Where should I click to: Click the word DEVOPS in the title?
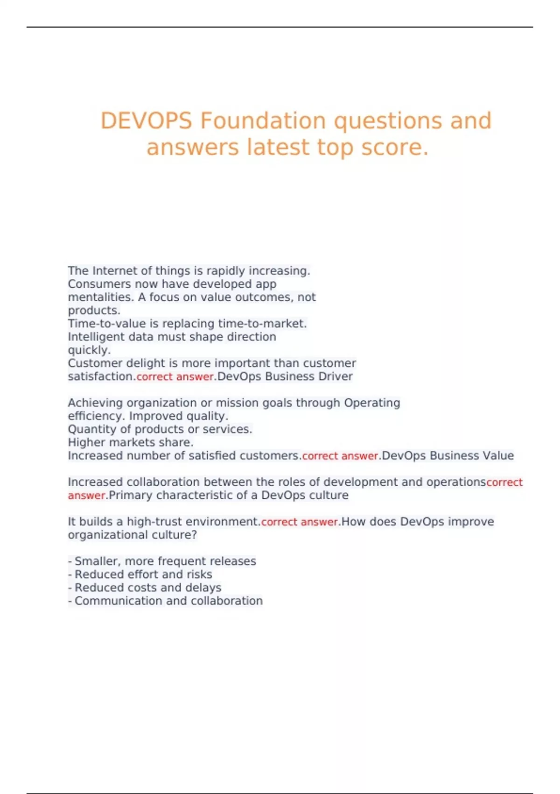point(146,121)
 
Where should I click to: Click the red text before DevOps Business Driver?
point(175,377)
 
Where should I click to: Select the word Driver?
point(338,376)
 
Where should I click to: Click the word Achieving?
point(96,403)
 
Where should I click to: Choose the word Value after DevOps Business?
point(496,456)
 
